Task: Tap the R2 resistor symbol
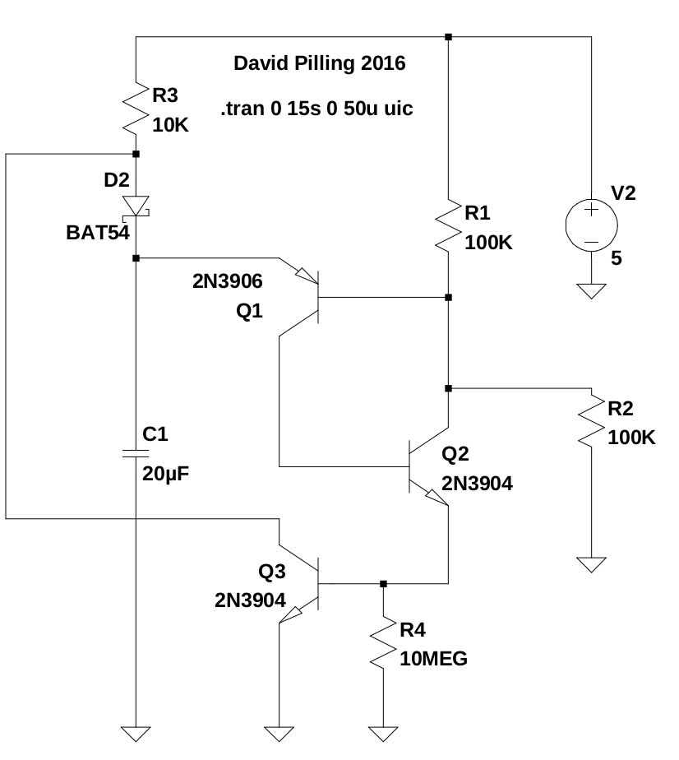click(x=591, y=421)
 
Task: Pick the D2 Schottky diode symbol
click(x=136, y=206)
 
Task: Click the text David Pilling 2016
click(x=320, y=63)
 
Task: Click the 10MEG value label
click(x=433, y=658)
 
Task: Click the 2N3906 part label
click(x=227, y=282)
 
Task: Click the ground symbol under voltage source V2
click(x=591, y=290)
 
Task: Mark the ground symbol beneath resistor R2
click(x=591, y=564)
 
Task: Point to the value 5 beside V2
click(x=617, y=258)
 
